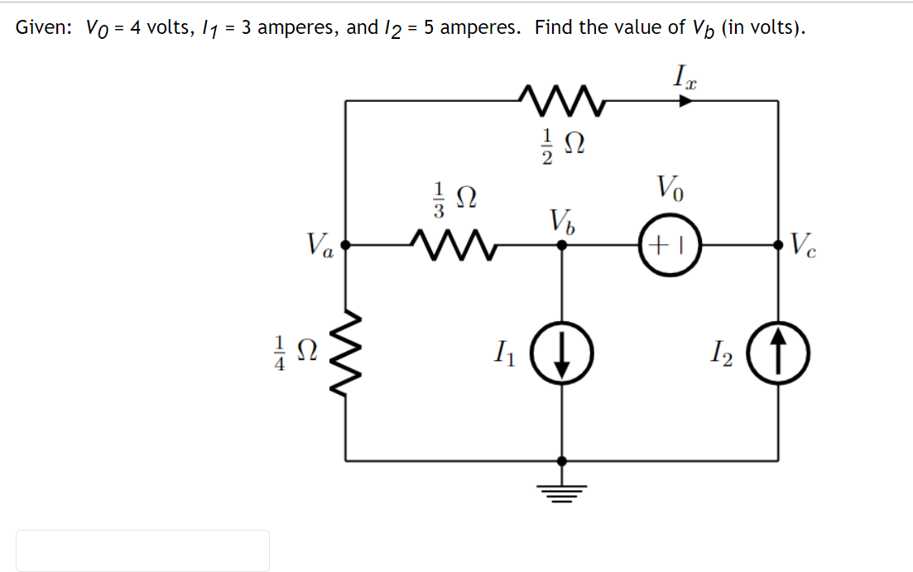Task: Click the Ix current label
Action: pyautogui.click(x=684, y=79)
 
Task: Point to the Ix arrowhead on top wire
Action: pyautogui.click(x=686, y=101)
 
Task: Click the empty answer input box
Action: pyautogui.click(x=142, y=550)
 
